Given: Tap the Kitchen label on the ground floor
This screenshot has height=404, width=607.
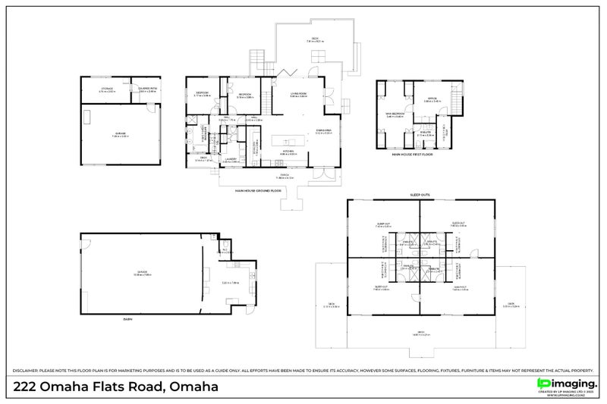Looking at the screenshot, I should click(288, 152).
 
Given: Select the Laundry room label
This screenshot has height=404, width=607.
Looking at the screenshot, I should click(231, 160).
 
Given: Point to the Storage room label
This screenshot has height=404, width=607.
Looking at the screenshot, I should click(108, 89).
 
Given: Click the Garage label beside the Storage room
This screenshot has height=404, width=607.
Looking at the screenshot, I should click(121, 133).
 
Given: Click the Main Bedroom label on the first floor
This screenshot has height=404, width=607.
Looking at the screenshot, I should click(395, 114).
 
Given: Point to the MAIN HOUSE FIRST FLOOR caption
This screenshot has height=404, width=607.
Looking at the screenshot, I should click(413, 154).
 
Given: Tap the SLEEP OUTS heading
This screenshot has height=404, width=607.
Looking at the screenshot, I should click(420, 195).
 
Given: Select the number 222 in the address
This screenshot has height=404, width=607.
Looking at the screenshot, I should click(27, 387).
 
